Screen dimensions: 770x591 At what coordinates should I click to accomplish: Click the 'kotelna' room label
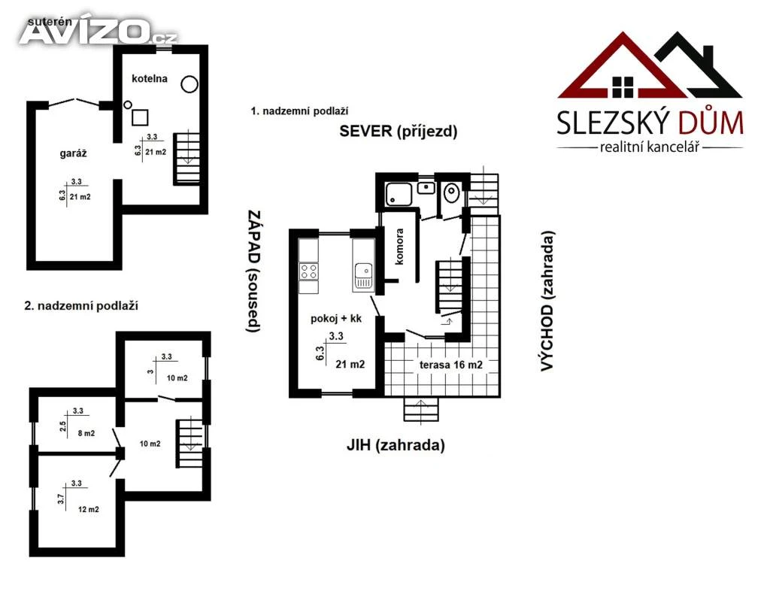[x=150, y=78]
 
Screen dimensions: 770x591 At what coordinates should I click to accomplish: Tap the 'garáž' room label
[x=73, y=153]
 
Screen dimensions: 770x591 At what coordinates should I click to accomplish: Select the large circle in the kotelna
[x=189, y=84]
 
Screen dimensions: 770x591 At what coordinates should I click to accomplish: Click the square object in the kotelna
[x=140, y=117]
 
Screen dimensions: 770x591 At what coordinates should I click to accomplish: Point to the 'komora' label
[x=399, y=247]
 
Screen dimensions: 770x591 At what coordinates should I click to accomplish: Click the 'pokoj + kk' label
[x=336, y=319]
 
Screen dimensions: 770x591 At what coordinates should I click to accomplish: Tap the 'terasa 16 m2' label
[x=451, y=365]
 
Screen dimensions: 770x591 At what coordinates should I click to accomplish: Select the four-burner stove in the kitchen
[x=309, y=271]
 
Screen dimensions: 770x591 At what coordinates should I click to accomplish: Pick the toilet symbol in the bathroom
[x=451, y=192]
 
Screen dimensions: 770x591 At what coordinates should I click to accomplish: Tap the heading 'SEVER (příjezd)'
[x=399, y=131]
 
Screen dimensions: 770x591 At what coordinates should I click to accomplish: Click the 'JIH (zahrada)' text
[x=396, y=444]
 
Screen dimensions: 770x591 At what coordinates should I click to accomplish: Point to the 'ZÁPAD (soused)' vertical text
[x=253, y=271]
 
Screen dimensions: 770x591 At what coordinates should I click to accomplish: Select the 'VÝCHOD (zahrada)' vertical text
[x=547, y=301]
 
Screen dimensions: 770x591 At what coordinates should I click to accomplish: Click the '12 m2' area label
[x=89, y=510]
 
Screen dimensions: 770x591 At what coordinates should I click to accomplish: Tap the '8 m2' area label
[x=86, y=433]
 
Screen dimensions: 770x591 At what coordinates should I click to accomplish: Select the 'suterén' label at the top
[x=50, y=22]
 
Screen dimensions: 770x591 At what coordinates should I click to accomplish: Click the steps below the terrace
[x=421, y=409]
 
